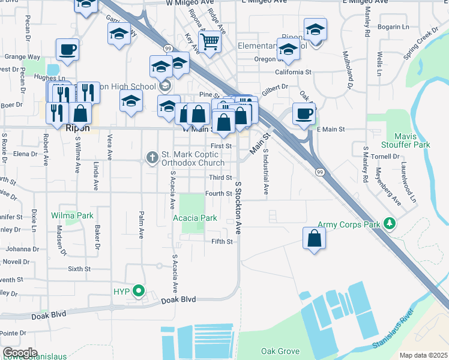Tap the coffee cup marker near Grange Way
[x=67, y=50]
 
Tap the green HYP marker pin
[x=139, y=292]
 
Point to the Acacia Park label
[x=195, y=218]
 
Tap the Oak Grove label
[x=280, y=351]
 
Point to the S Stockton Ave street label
[x=238, y=208]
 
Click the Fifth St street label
[x=221, y=242]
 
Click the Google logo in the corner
[x=20, y=353]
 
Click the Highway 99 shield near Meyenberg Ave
[x=320, y=173]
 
